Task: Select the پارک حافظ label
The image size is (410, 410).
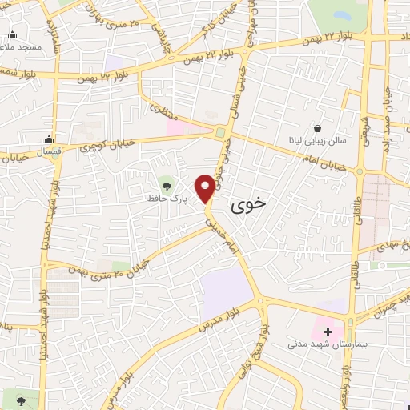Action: click(x=167, y=196)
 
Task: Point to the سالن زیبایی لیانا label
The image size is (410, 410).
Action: click(x=318, y=141)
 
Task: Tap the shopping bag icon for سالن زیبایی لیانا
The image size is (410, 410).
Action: click(x=318, y=128)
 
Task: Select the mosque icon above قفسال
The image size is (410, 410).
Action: click(x=50, y=139)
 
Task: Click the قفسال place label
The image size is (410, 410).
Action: click(x=50, y=151)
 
